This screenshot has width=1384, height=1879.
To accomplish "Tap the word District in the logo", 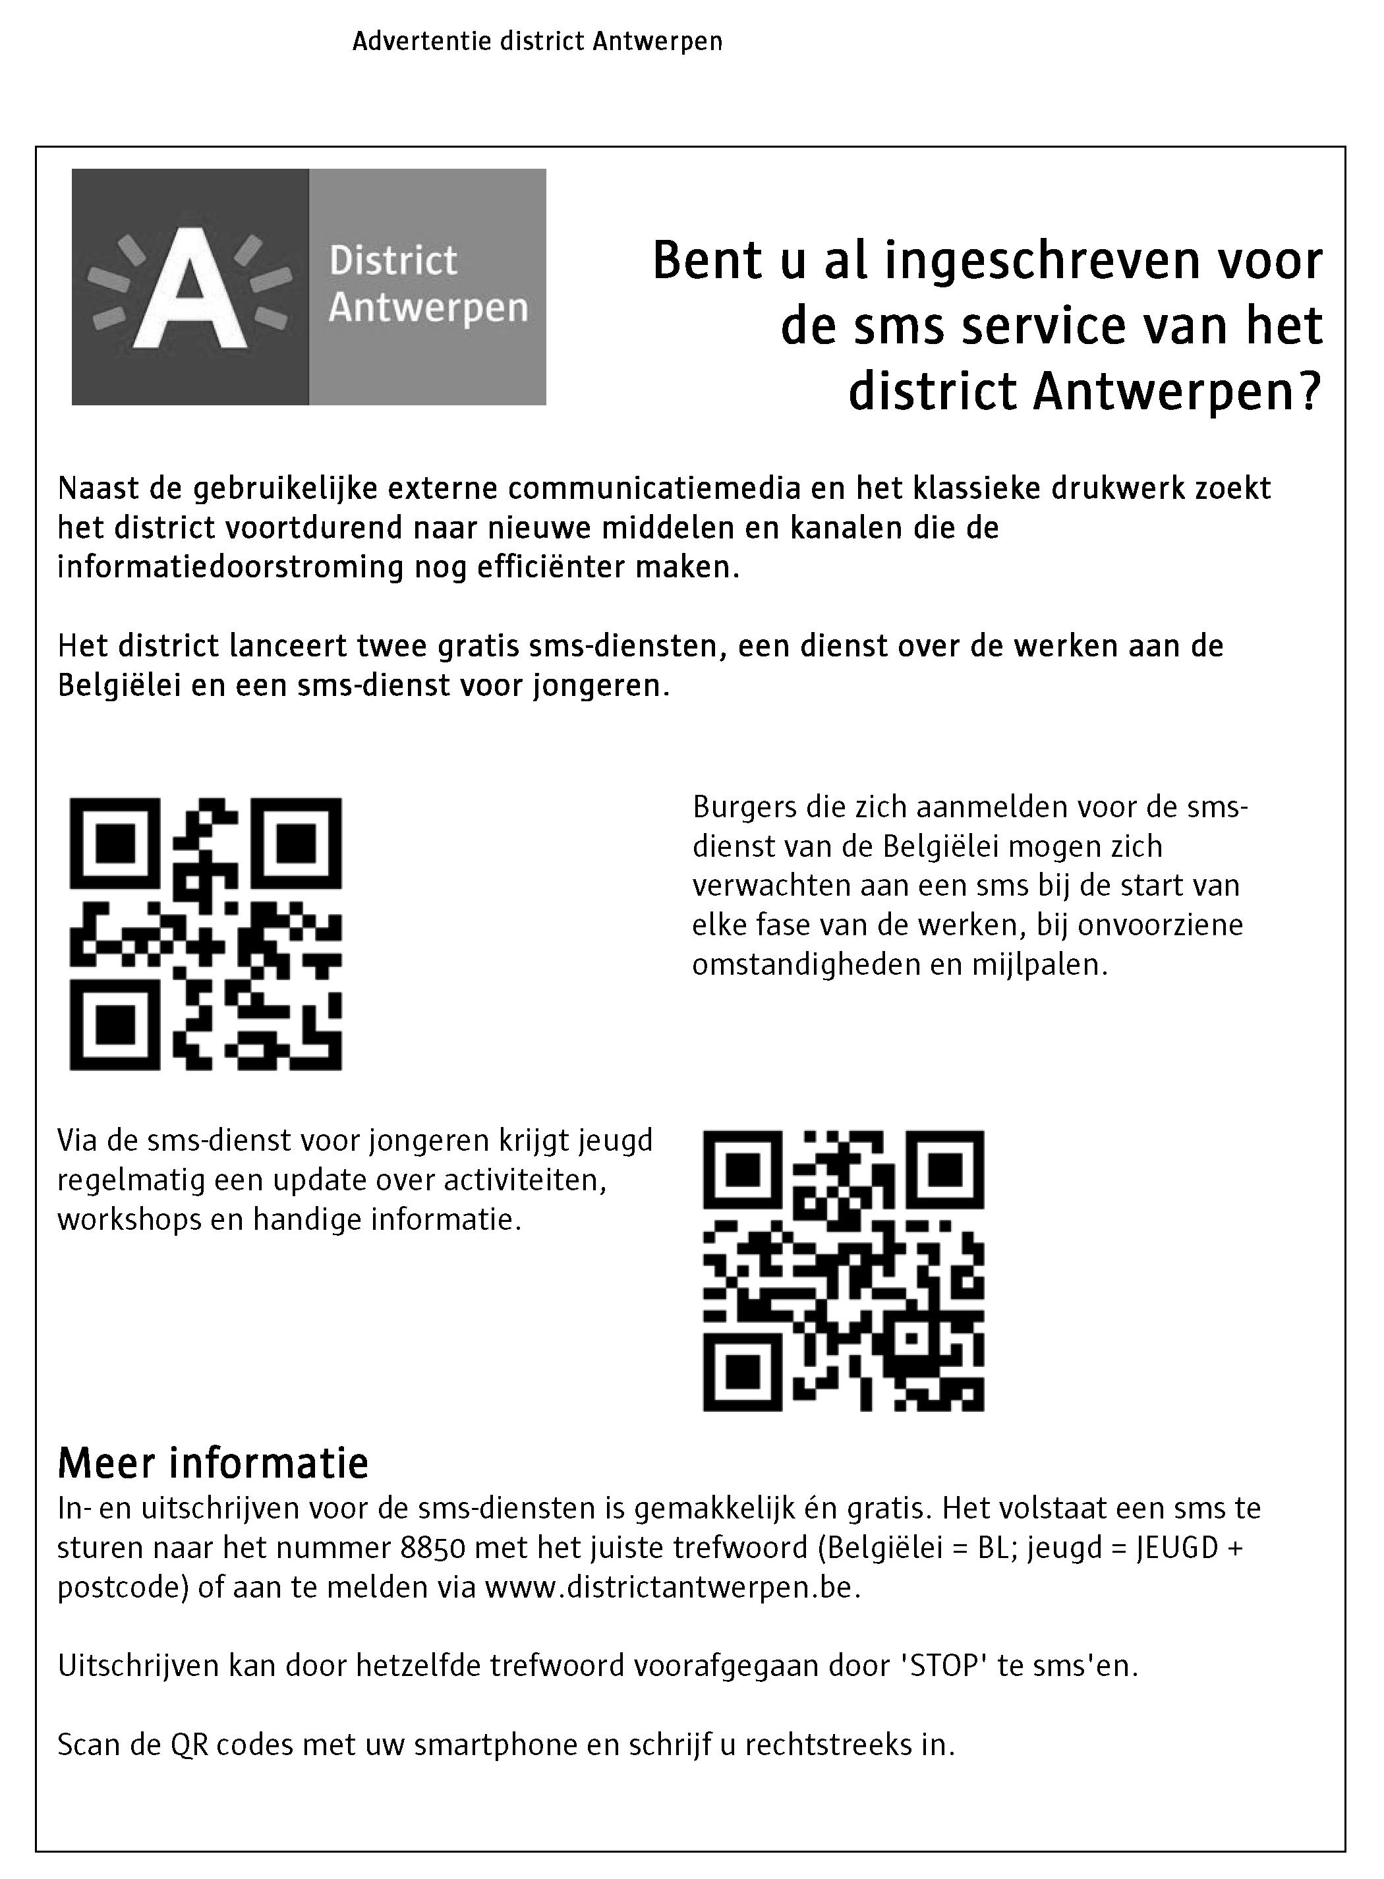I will click(x=393, y=262).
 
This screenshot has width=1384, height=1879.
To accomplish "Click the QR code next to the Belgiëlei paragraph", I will click(x=205, y=934).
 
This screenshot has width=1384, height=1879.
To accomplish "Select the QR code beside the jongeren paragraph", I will click(x=843, y=1270).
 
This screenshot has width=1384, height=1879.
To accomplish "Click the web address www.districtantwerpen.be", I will click(x=672, y=1586).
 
